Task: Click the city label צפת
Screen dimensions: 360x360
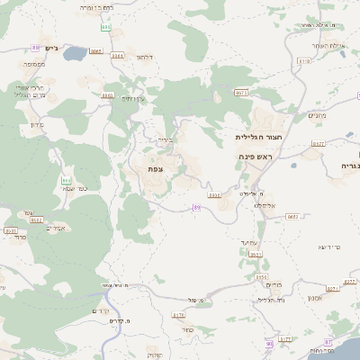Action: coord(155,167)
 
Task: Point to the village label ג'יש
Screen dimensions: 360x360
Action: coord(49,49)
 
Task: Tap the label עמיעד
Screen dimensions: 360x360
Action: coord(250,242)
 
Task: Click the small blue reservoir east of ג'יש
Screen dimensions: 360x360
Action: coord(73,54)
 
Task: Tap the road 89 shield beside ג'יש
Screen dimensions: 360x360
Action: coord(35,48)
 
